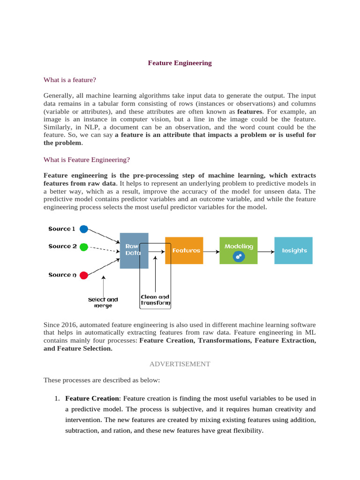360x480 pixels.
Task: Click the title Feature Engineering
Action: click(180, 63)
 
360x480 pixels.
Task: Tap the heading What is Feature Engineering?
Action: click(87, 159)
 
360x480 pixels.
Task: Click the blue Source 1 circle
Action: click(84, 229)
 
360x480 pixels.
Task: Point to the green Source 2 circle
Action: click(84, 247)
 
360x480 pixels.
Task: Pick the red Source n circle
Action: click(84, 275)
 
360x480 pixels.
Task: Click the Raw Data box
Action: click(134, 250)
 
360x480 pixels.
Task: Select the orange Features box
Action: click(186, 251)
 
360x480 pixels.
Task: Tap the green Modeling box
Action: click(239, 251)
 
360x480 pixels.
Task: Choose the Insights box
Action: click(294, 251)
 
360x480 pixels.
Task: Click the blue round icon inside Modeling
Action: click(239, 256)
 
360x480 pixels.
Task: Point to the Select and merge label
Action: click(103, 302)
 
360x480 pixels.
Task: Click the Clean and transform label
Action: click(155, 300)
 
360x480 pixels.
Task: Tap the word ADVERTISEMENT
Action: click(180, 364)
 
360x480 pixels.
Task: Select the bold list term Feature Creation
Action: click(92, 398)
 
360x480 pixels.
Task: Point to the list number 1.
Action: click(56, 398)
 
